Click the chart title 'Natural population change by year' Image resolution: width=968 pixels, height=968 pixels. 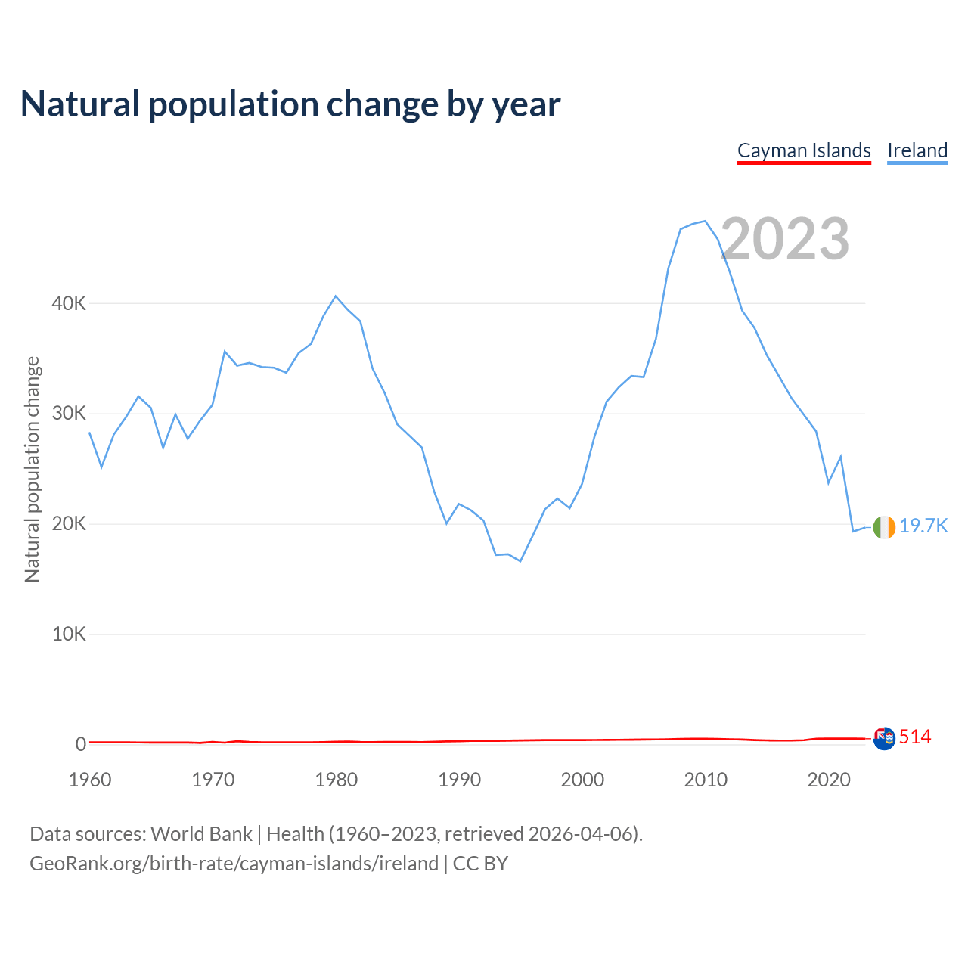[x=290, y=104]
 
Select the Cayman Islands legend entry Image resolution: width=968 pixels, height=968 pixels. [x=804, y=150]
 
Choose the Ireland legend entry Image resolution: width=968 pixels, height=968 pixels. [x=917, y=150]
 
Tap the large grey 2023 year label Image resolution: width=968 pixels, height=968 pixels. [x=785, y=239]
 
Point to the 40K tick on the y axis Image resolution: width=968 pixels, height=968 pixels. [x=69, y=303]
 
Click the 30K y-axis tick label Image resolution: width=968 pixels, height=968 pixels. [x=69, y=414]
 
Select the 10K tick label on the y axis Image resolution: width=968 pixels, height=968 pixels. [x=69, y=634]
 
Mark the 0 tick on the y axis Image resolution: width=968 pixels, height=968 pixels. [x=80, y=744]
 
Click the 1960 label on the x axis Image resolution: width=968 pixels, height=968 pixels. [x=90, y=780]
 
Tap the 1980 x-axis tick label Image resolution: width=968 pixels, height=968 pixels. [x=337, y=780]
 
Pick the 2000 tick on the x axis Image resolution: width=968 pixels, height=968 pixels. [x=582, y=780]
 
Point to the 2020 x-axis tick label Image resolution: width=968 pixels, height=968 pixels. [x=829, y=780]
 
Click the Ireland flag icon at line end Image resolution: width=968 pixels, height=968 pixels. [x=884, y=527]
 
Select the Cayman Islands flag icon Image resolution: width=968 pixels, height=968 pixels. [x=884, y=738]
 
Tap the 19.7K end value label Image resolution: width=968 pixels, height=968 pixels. [x=923, y=526]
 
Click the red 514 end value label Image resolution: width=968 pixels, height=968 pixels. [x=915, y=737]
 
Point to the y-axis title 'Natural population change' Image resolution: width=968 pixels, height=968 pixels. [x=32, y=469]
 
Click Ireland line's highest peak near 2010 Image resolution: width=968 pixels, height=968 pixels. [x=705, y=221]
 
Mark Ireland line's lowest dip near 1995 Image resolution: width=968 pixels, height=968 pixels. [x=520, y=561]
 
